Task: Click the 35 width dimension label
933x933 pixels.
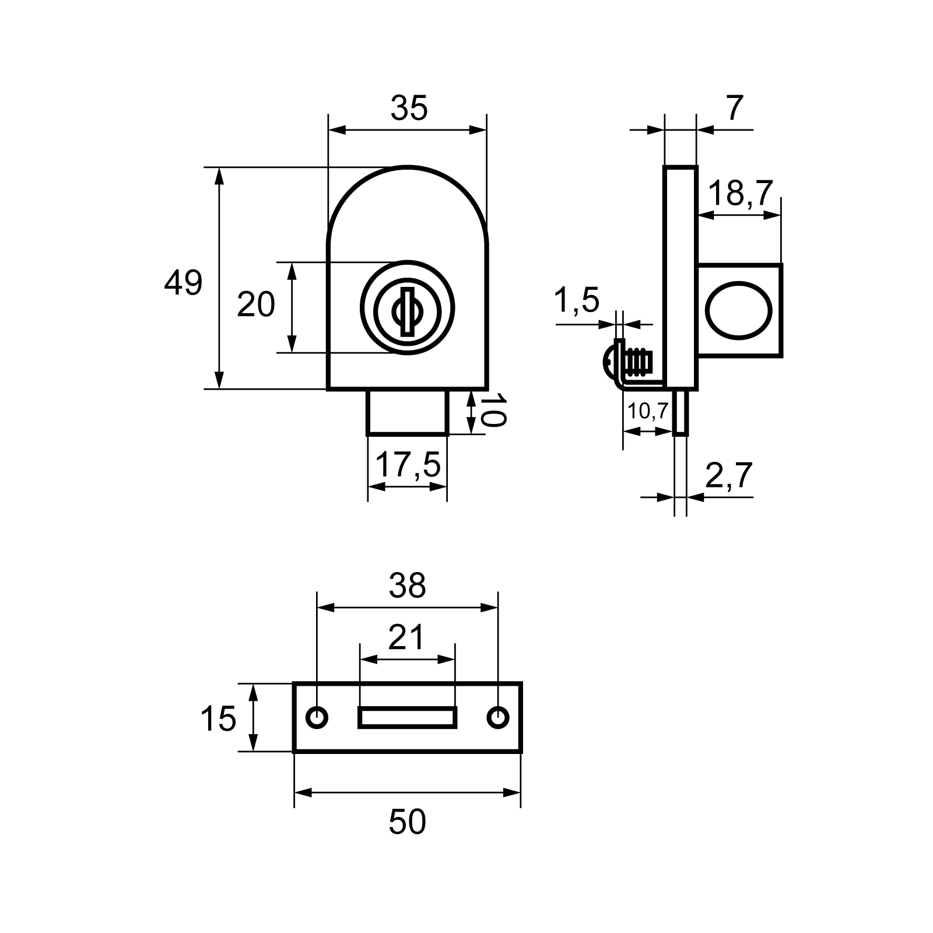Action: pos(409,108)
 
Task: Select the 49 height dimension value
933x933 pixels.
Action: pos(183,283)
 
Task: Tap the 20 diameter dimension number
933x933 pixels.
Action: pos(255,304)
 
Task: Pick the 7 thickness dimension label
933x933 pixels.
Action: pos(735,108)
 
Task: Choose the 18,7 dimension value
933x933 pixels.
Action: pos(741,194)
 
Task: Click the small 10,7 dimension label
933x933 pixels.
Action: pos(648,411)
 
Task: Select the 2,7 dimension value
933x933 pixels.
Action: pos(729,476)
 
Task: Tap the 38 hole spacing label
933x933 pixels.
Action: pos(408,586)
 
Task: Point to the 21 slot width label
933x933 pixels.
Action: pos(406,637)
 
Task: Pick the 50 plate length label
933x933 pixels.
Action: pos(407,822)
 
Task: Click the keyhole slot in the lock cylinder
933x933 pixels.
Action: pos(408,312)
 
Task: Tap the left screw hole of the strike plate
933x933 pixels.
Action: pos(317,717)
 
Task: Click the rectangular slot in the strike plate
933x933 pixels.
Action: pos(407,717)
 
